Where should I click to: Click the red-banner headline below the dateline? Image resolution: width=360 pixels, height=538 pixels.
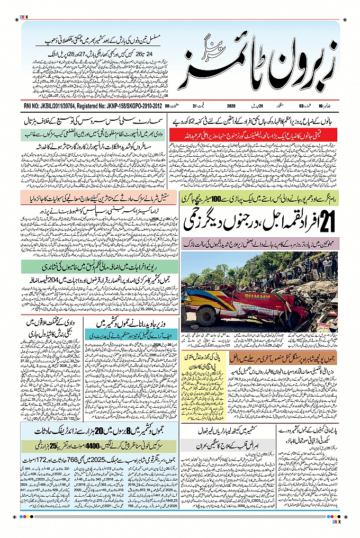[254, 134]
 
